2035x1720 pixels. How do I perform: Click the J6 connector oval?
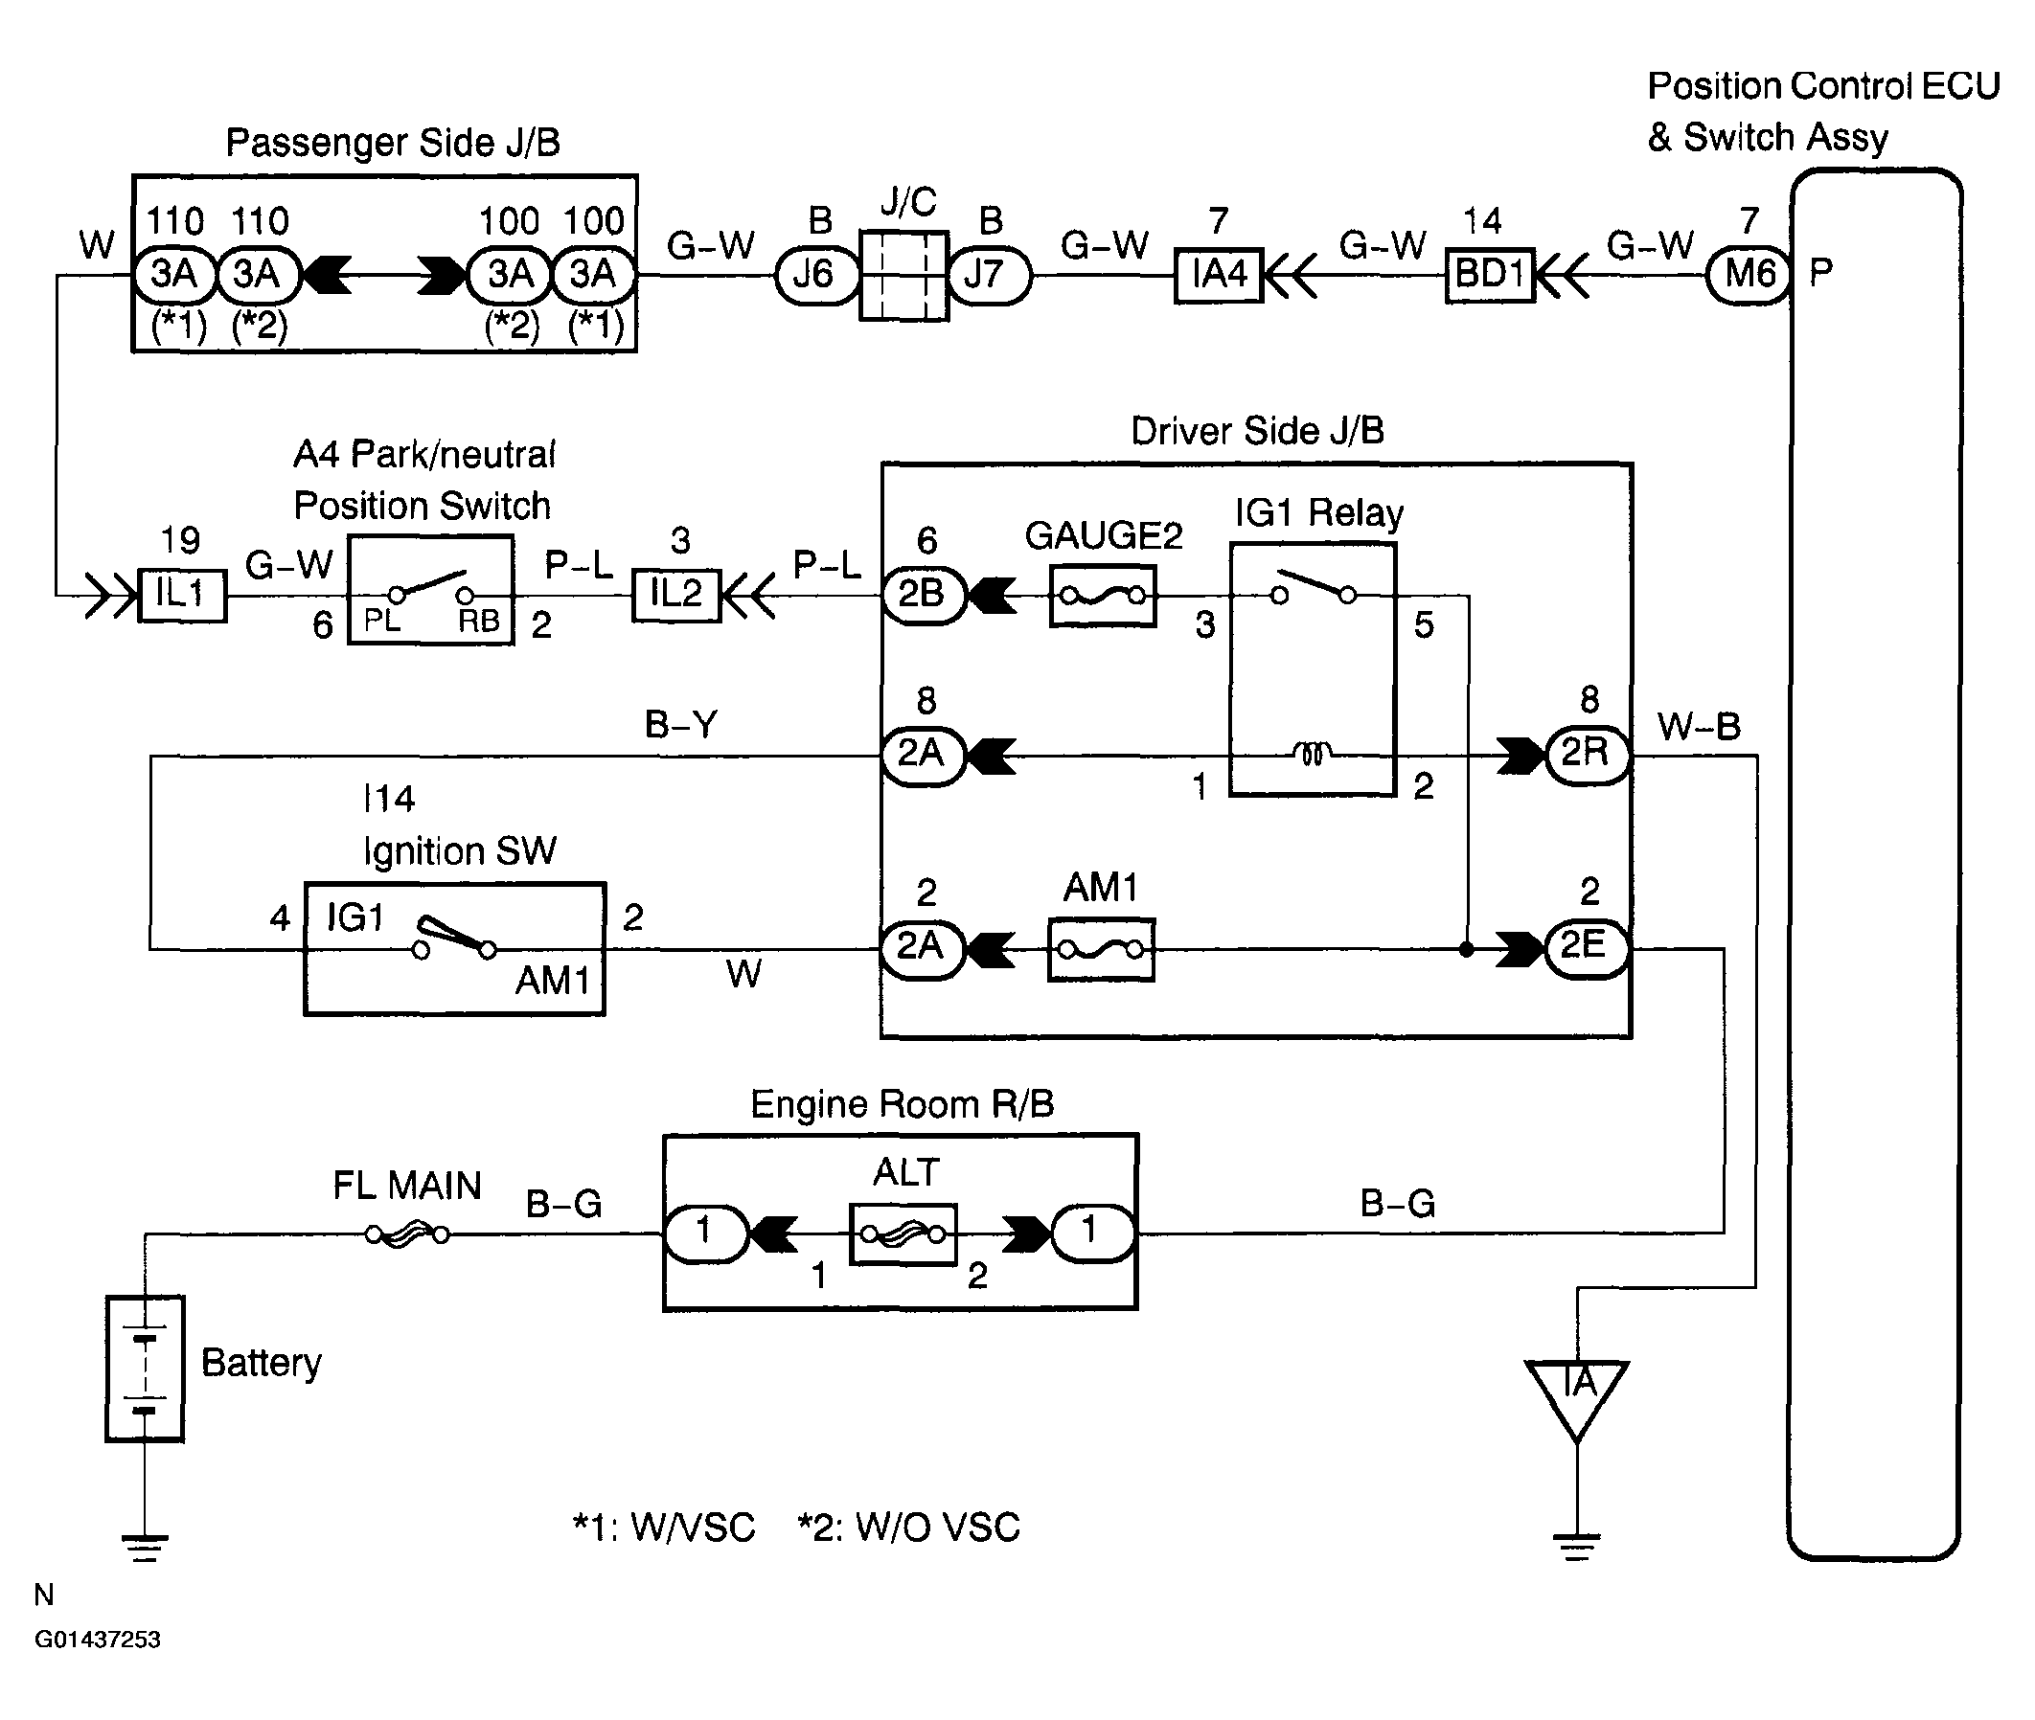click(815, 276)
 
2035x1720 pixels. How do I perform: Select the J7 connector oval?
click(987, 276)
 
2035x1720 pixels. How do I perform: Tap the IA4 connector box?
click(1219, 276)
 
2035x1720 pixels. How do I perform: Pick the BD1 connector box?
click(1489, 276)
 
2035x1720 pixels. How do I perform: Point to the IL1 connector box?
click(182, 595)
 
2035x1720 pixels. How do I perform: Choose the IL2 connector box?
click(676, 595)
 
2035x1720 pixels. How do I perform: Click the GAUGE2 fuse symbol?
click(1103, 595)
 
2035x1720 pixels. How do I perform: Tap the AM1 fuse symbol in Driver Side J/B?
click(1101, 949)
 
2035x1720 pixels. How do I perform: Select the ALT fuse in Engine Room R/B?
click(903, 1234)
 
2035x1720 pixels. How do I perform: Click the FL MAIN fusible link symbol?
click(407, 1234)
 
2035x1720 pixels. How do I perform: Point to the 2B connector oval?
click(923, 595)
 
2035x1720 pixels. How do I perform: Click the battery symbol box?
click(145, 1368)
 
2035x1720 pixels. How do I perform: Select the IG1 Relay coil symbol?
click(1313, 754)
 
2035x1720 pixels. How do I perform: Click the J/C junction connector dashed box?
click(903, 276)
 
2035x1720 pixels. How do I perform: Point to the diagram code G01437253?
click(98, 1639)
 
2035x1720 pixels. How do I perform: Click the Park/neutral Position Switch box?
click(430, 590)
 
